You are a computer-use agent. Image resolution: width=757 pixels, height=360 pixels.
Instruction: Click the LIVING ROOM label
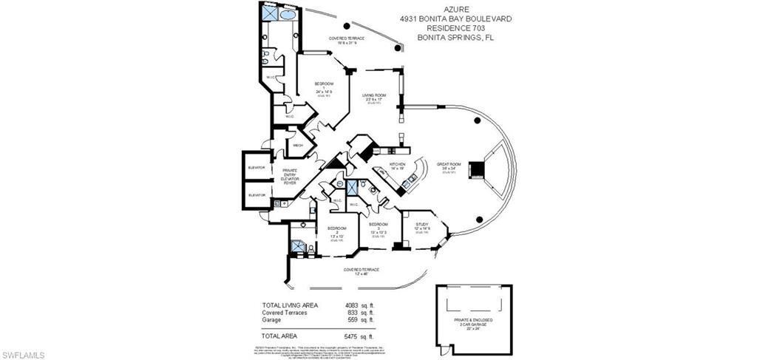point(375,95)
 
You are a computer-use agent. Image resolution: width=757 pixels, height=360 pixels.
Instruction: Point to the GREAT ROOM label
point(448,164)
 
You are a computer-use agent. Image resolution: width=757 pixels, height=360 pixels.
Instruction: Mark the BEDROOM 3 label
point(378,225)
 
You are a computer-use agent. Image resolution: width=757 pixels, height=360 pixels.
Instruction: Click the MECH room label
point(298,146)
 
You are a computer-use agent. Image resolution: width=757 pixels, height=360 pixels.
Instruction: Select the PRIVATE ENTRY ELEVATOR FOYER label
point(289,174)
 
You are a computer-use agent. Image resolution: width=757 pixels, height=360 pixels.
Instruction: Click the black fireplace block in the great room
point(478,169)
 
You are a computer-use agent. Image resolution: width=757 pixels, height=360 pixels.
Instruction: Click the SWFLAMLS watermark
point(23,355)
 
